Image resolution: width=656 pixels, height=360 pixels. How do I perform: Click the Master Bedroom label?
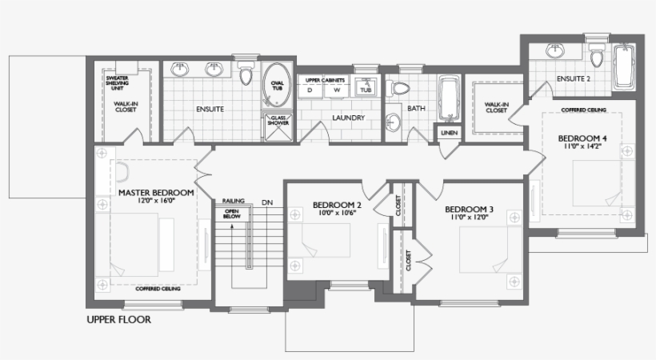tap(156, 193)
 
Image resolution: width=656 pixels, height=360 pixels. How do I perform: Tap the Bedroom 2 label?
tap(337, 205)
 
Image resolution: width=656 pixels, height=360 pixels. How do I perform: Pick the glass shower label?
tap(277, 121)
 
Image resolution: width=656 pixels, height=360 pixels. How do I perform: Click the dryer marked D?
tap(310, 90)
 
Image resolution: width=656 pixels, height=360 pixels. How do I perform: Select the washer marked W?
tap(337, 90)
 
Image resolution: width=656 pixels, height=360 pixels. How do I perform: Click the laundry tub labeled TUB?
tap(366, 90)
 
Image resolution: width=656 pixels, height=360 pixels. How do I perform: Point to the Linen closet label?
tap(448, 133)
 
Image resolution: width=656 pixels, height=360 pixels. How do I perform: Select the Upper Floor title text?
tap(118, 319)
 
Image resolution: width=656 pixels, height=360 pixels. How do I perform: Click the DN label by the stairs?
tap(266, 202)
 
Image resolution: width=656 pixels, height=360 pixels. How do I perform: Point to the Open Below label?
tap(233, 213)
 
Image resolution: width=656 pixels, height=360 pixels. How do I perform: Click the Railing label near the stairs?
tap(234, 202)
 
